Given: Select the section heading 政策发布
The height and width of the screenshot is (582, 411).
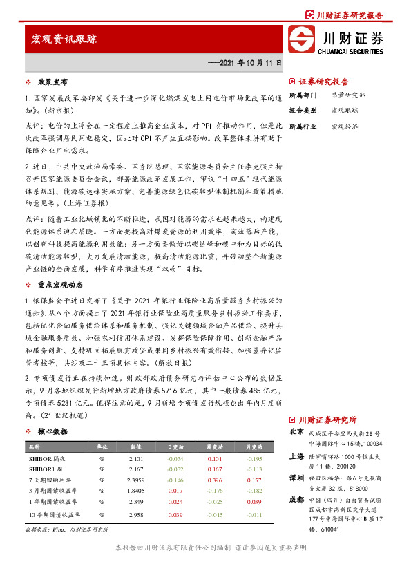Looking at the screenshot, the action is coord(51,82).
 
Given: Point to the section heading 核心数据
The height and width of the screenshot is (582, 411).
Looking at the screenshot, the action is coord(52,431).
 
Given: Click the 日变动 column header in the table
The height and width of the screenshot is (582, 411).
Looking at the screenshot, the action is coord(175,447).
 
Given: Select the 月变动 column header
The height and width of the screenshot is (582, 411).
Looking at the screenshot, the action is coord(255,447).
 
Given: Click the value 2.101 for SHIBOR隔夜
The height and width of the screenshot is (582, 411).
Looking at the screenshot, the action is coord(135,458).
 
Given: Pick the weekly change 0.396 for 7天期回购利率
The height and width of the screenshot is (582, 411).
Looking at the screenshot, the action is coord(215,480).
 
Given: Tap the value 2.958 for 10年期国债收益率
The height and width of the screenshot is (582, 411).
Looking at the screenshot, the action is coord(135,515).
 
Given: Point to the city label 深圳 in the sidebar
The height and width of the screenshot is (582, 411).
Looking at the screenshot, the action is coord(296,478).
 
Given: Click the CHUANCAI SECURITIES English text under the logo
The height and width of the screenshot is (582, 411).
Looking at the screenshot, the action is coord(350,50).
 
